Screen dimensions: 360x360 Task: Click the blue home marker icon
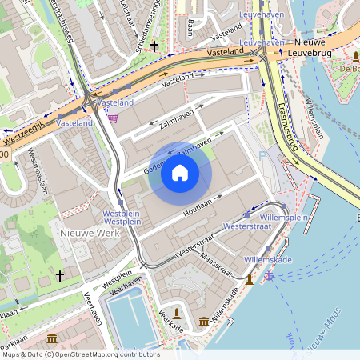(x=180, y=172)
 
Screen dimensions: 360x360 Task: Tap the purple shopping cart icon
(x=113, y=119)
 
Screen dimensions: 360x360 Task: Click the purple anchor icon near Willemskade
(x=270, y=275)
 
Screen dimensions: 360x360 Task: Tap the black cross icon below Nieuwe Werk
(x=59, y=275)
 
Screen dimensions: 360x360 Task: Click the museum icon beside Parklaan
(x=52, y=338)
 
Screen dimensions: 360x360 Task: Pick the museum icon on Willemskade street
(x=203, y=321)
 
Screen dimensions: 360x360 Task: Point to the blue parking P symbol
(x=262, y=156)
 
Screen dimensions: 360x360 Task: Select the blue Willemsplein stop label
(x=284, y=215)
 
